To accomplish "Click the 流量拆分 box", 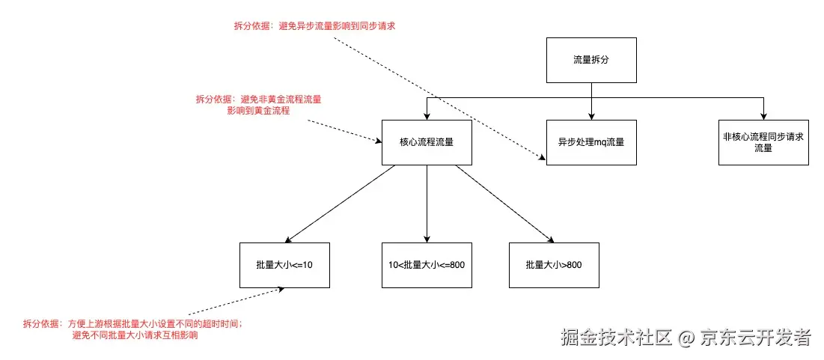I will (x=591, y=59).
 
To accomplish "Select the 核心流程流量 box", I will (x=427, y=142).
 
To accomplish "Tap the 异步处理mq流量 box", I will (x=591, y=142).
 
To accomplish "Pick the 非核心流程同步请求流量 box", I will (x=763, y=142).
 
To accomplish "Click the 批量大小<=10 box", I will (x=284, y=265).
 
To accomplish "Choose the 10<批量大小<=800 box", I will (x=427, y=265).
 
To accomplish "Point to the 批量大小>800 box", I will (x=554, y=265).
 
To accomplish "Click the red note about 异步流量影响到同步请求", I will (x=314, y=25).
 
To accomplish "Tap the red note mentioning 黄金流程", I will (x=263, y=104).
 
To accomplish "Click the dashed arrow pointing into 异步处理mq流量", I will (x=438, y=97).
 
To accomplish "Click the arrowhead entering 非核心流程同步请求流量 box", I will (x=763, y=115).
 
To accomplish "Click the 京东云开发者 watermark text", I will (x=755, y=338).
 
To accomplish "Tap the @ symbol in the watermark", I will (x=686, y=338).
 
